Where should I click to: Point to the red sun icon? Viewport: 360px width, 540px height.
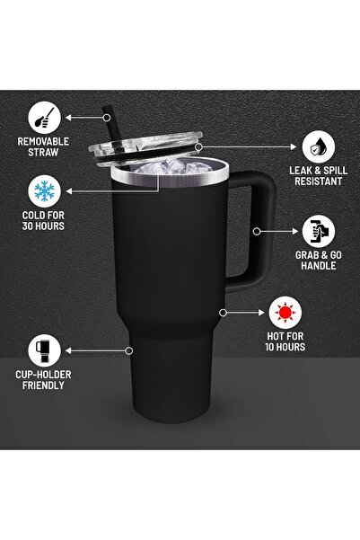pyautogui.click(x=286, y=314)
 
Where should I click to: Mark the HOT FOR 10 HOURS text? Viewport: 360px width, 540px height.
pyautogui.click(x=286, y=341)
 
